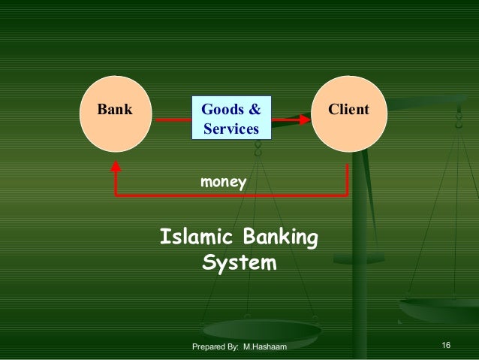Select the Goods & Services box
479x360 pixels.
coord(230,119)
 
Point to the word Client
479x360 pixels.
coord(348,110)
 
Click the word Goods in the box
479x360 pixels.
coord(221,110)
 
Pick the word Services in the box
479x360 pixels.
coord(230,129)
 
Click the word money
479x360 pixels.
coord(222,181)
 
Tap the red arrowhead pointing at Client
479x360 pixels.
coord(304,119)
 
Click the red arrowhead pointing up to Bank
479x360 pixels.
coord(116,166)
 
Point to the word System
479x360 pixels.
coord(239,265)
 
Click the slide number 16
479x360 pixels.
coord(446,345)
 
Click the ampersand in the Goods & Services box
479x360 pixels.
coord(255,110)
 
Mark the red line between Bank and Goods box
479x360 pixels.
coord(172,119)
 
